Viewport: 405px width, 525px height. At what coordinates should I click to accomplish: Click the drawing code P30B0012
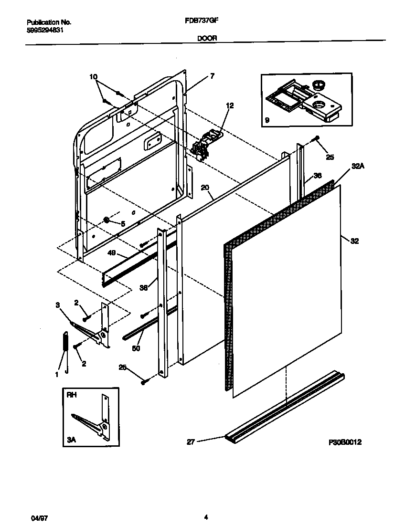point(345,442)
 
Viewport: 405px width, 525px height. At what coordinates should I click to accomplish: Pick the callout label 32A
point(358,166)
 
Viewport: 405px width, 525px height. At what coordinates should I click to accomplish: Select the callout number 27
point(191,442)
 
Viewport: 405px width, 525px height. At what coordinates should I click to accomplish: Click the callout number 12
point(230,105)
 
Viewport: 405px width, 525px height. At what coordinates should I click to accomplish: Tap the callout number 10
point(93,77)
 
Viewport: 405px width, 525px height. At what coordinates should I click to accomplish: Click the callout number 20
point(205,188)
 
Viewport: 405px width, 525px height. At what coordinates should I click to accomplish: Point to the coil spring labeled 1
point(65,349)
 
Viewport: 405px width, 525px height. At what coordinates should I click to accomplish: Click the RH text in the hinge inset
point(71,395)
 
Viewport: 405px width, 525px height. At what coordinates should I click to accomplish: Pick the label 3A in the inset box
point(71,441)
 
